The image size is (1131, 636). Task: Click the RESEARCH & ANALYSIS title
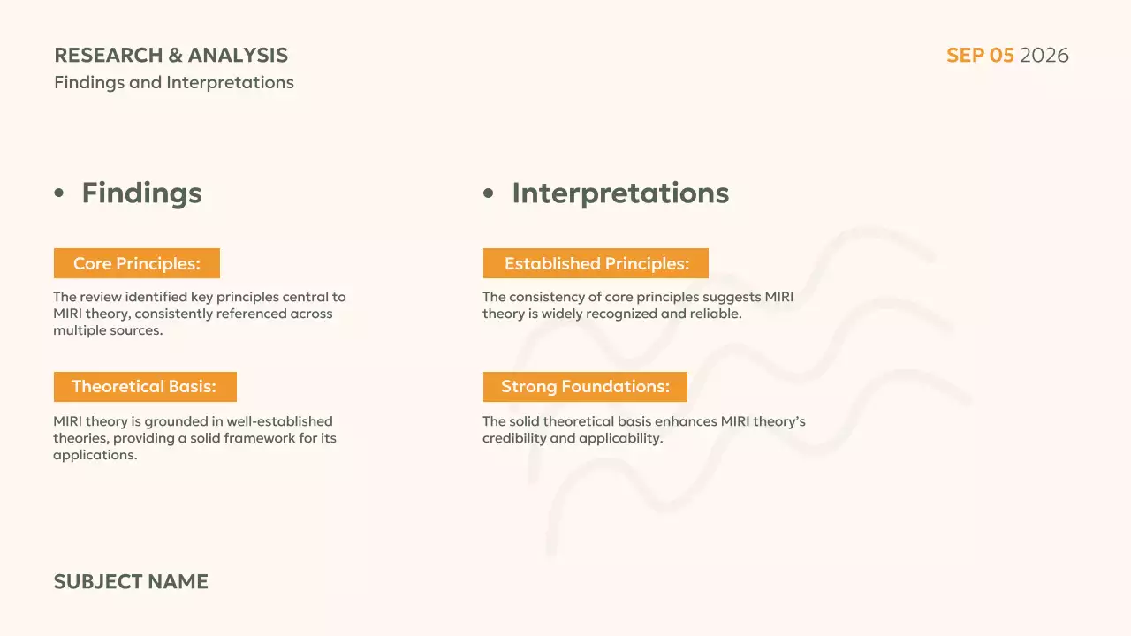coord(171,55)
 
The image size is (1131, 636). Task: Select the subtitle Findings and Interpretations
coord(173,83)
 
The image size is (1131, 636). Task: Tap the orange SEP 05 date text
coord(980,56)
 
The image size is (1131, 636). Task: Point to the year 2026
coord(1044,56)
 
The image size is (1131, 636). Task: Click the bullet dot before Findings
coord(59,193)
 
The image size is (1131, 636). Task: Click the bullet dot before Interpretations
coord(489,193)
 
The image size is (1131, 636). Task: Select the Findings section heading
coord(141,193)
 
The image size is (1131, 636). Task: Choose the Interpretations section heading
coord(620,193)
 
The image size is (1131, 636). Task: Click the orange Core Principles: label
coord(136,263)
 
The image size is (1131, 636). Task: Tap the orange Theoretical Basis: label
coord(144,387)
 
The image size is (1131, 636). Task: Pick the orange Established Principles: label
coord(596,263)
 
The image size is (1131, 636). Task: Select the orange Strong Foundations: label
coord(585,387)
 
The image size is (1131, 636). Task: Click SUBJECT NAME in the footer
coord(131,581)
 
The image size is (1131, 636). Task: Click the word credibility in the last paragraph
coord(513,438)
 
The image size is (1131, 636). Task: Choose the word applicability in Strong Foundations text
coord(620,438)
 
